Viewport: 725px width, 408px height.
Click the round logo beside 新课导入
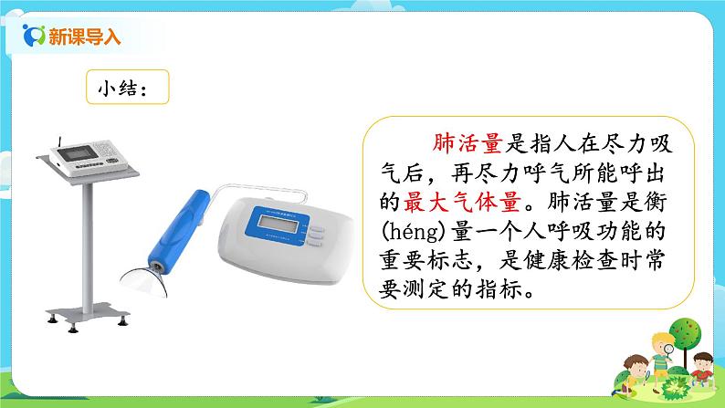coord(35,37)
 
